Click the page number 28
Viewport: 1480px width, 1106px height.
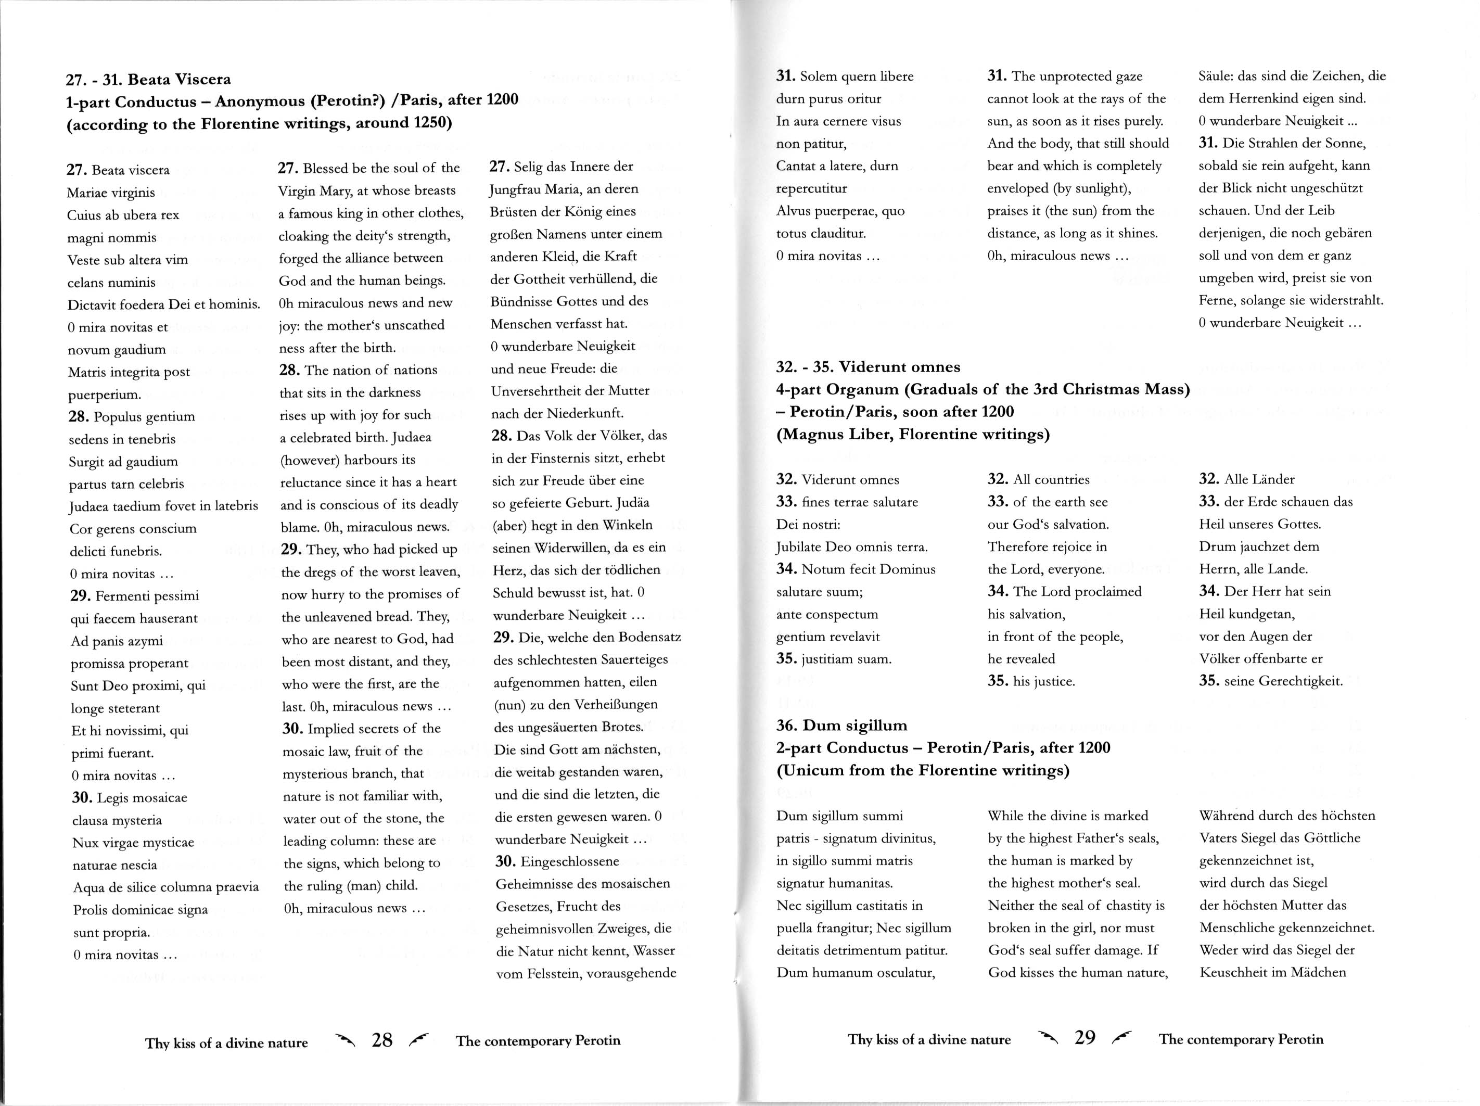click(x=382, y=1040)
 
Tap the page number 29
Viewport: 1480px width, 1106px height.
click(x=1085, y=1037)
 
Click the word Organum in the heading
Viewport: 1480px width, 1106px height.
click(x=863, y=389)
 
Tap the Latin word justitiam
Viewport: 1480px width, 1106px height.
click(x=827, y=659)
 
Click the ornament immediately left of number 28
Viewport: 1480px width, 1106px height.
click(x=346, y=1039)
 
